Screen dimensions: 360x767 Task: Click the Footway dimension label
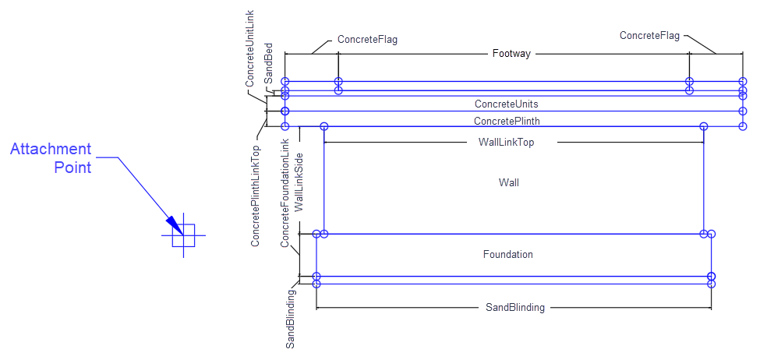[511, 54]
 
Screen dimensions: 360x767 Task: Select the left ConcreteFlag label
[367, 39]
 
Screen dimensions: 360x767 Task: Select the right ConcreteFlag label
[649, 35]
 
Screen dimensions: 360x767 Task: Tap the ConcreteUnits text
[506, 104]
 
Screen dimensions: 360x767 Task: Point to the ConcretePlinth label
[507, 122]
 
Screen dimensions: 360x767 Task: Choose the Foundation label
[507, 254]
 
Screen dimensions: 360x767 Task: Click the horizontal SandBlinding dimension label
[514, 308]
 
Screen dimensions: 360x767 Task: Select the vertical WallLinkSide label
[299, 182]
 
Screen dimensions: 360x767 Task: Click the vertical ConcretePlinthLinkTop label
[256, 195]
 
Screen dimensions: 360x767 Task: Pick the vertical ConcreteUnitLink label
[251, 48]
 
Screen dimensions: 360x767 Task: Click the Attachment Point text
[51, 157]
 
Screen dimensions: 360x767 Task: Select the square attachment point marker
[183, 235]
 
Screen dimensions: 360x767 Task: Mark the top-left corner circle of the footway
[285, 81]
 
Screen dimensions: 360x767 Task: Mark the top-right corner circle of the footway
[743, 81]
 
